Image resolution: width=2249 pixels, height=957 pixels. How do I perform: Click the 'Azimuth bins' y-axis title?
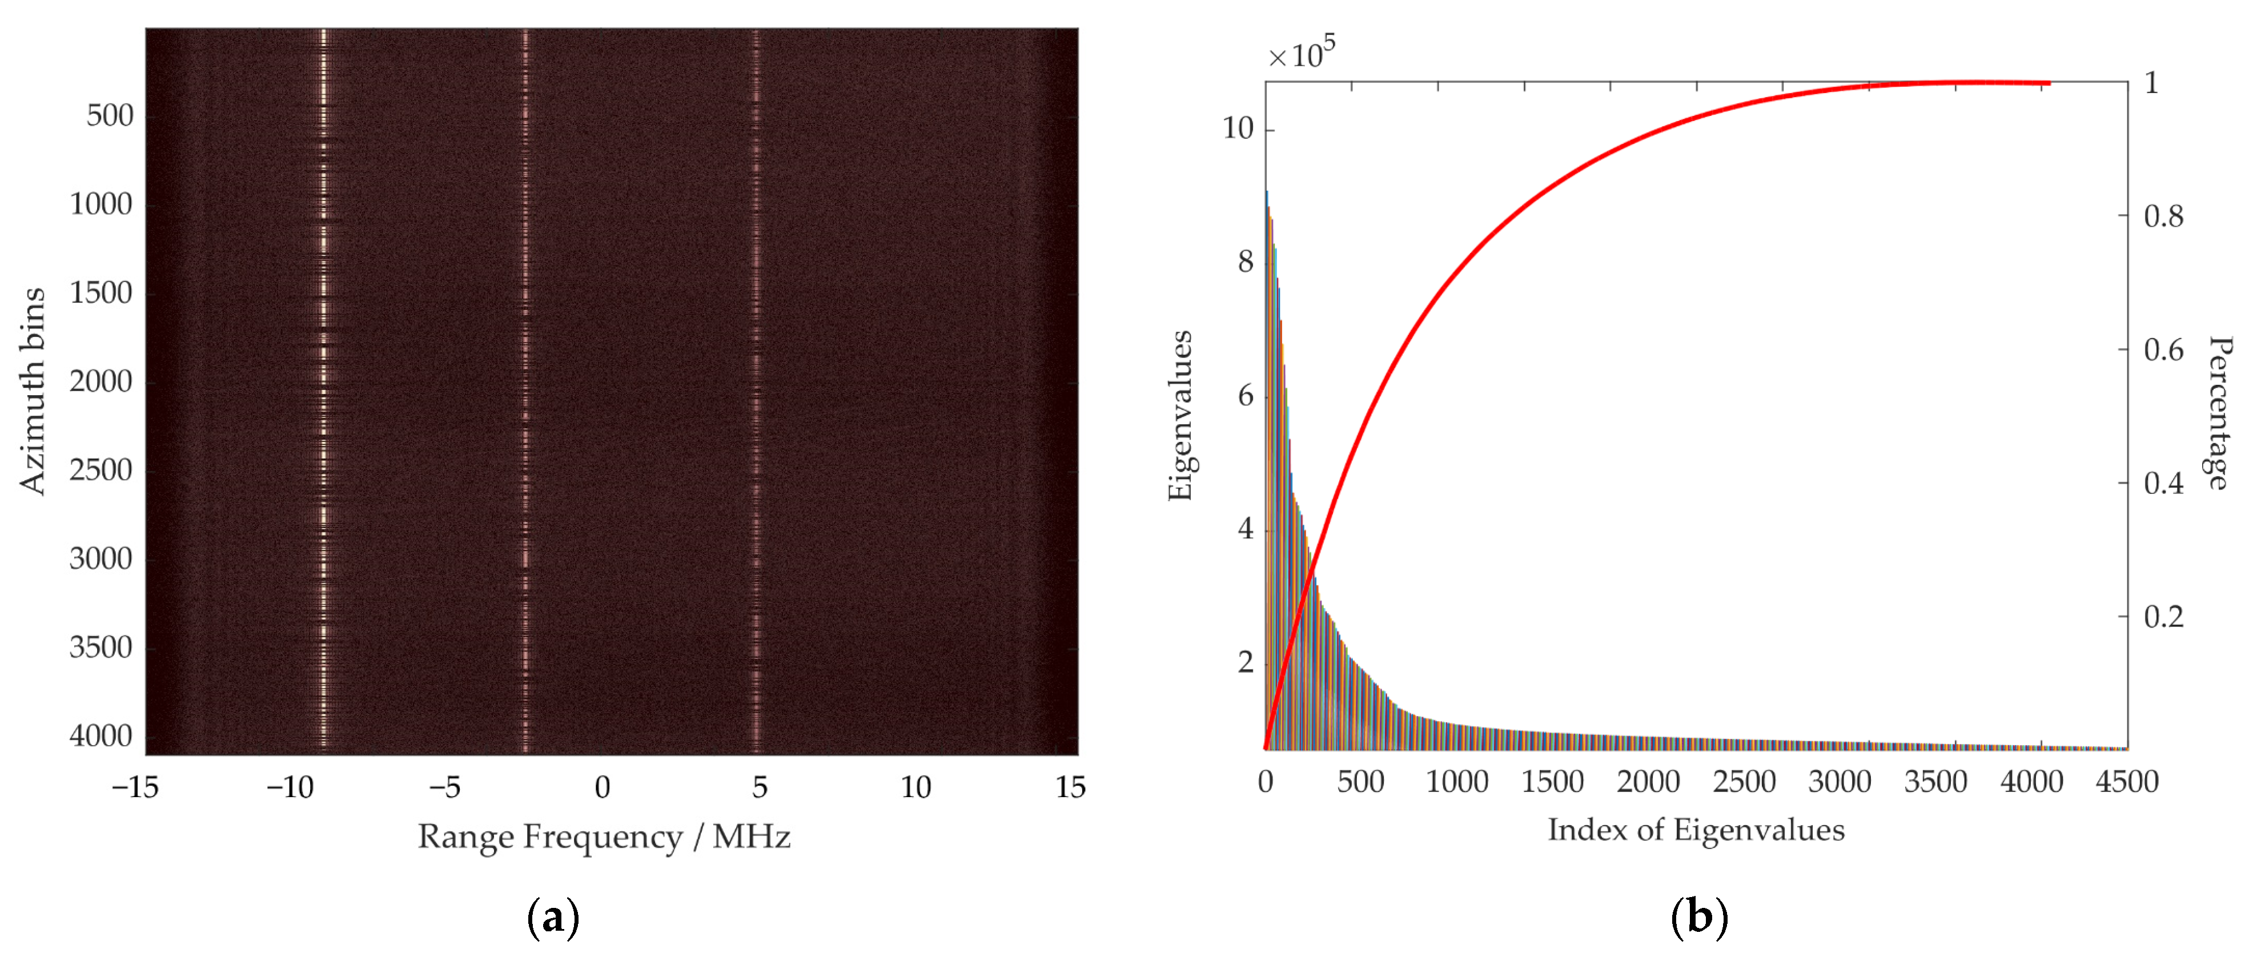33,391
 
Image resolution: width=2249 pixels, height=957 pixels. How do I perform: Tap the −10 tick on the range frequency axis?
290,787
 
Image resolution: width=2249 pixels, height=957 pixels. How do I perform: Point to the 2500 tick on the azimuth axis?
101,471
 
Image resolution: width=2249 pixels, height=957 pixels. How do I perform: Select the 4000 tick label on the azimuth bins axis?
101,736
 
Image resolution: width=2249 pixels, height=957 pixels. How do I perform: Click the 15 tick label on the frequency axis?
1070,787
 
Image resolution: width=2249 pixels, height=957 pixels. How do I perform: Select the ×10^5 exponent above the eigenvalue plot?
1301,54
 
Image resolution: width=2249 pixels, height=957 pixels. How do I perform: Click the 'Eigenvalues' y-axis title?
1179,416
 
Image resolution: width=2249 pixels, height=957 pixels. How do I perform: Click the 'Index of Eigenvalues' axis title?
1696,830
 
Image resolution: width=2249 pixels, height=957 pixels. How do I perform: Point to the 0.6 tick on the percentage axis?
2163,350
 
